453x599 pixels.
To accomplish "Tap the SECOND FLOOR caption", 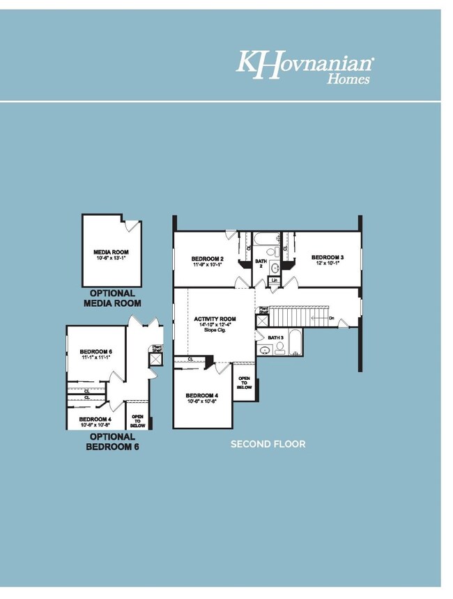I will [268, 444].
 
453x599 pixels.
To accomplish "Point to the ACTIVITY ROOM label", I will [215, 319].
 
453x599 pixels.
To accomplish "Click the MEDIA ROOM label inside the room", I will [112, 255].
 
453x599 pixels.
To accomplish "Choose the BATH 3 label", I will [276, 337].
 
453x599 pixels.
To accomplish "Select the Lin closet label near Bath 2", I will [275, 280].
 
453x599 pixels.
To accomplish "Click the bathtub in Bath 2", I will [266, 239].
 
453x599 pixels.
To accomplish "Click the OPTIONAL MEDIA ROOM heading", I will [112, 298].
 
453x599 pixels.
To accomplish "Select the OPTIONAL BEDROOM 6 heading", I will [112, 442].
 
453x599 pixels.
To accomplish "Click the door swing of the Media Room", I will [132, 226].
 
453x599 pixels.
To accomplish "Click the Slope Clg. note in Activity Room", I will [215, 330].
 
